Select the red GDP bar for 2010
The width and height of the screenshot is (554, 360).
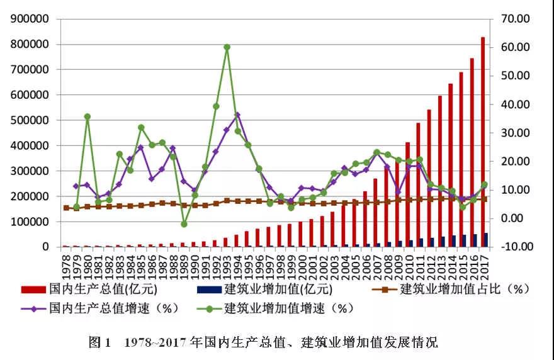(408, 194)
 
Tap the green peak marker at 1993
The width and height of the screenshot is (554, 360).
(227, 47)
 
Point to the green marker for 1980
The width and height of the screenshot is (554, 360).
(88, 116)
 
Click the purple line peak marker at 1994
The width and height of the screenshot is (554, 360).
(237, 115)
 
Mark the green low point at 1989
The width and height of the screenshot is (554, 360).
(184, 223)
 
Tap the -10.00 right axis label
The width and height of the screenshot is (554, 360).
(516, 247)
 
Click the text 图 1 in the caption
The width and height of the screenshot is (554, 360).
(100, 342)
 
